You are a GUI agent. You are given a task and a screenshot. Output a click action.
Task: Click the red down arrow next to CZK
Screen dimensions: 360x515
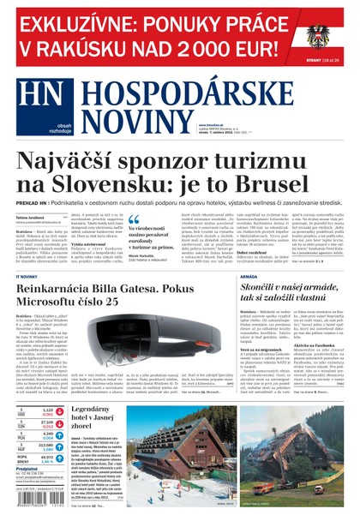[60, 423]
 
